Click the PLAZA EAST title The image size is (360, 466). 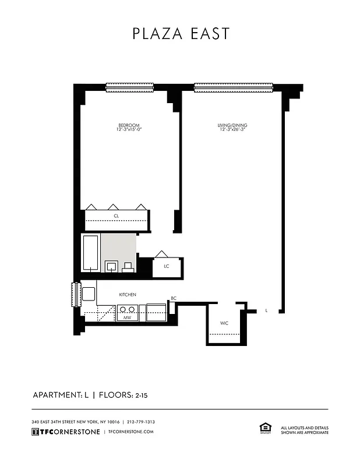tap(181, 33)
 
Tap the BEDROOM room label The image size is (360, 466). tap(129, 125)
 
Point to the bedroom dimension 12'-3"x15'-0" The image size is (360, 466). tap(129, 130)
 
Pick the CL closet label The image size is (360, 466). tap(117, 216)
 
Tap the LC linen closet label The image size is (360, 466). tap(166, 267)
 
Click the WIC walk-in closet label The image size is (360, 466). tap(224, 323)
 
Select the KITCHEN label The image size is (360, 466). tap(128, 295)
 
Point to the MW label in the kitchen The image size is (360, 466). tap(127, 318)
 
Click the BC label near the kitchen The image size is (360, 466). tap(173, 299)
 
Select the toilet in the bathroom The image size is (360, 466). tap(128, 267)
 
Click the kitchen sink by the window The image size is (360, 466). tap(89, 294)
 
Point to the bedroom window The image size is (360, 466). tap(129, 88)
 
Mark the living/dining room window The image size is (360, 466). tap(233, 88)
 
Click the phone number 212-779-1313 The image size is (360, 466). tap(140, 422)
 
